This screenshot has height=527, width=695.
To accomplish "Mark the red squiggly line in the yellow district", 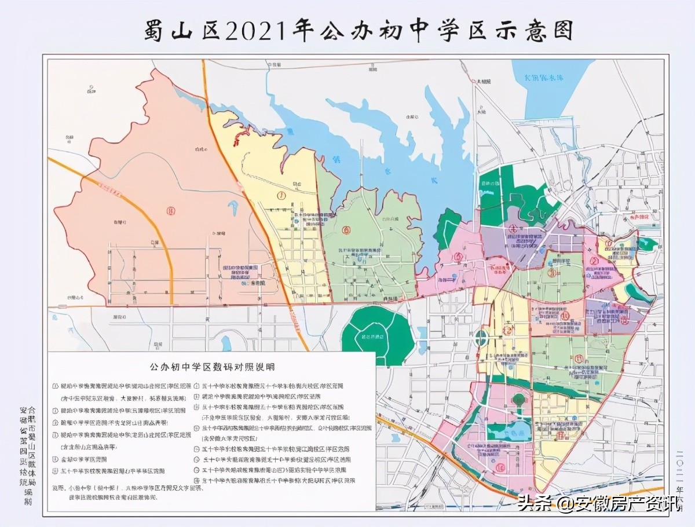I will pyautogui.click(x=240, y=137).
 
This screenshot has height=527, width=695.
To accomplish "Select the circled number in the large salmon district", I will pyautogui.click(x=170, y=210).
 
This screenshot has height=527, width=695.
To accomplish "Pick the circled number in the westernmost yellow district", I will pyautogui.click(x=281, y=196).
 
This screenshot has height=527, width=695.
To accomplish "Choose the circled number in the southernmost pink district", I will pyautogui.click(x=500, y=467).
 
